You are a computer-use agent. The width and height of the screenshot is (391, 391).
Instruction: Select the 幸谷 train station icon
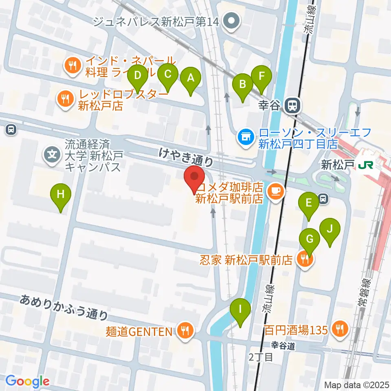pos(292,106)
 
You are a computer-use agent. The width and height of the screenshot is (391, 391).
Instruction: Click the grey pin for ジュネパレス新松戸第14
pos(232,20)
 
